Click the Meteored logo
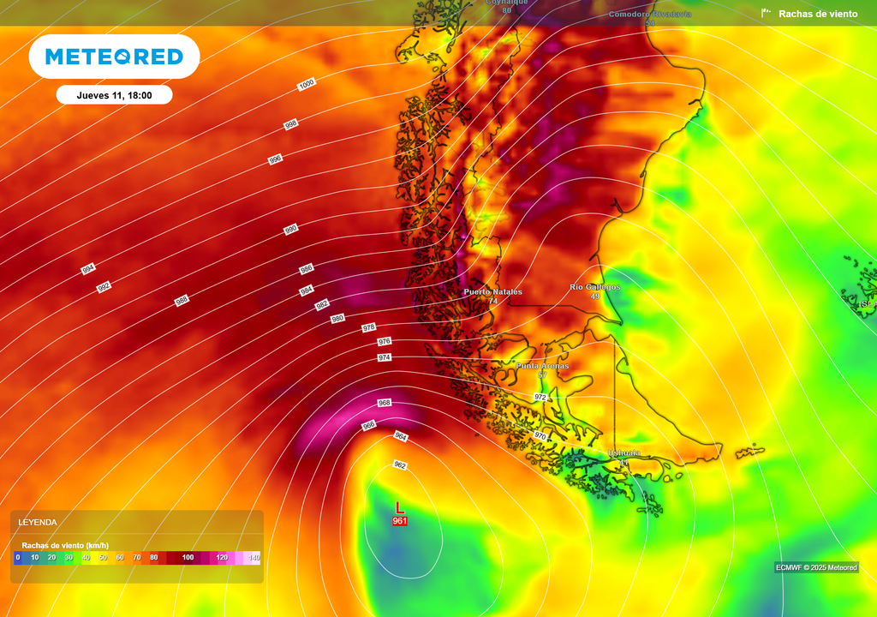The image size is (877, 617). (x=114, y=57)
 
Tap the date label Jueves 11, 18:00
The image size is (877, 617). (x=114, y=95)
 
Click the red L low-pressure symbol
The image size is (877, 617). (x=399, y=508)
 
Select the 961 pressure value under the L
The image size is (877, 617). (x=399, y=521)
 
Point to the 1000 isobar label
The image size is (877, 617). (x=307, y=84)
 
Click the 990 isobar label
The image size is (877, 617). (x=291, y=230)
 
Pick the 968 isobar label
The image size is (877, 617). (x=384, y=403)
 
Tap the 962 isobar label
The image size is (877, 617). (x=399, y=464)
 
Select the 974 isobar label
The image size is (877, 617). (x=384, y=357)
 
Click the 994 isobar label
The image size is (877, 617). (x=87, y=270)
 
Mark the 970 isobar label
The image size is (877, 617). (x=540, y=436)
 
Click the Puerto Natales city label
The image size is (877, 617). (x=492, y=292)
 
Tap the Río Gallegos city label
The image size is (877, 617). (x=594, y=287)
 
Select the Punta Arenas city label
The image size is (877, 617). (x=541, y=366)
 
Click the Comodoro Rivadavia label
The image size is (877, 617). (x=650, y=15)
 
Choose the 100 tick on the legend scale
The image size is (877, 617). (x=188, y=558)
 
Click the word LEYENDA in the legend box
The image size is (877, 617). (x=38, y=522)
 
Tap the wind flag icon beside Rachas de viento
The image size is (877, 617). (x=766, y=13)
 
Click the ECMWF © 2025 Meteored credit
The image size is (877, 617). (x=816, y=567)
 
